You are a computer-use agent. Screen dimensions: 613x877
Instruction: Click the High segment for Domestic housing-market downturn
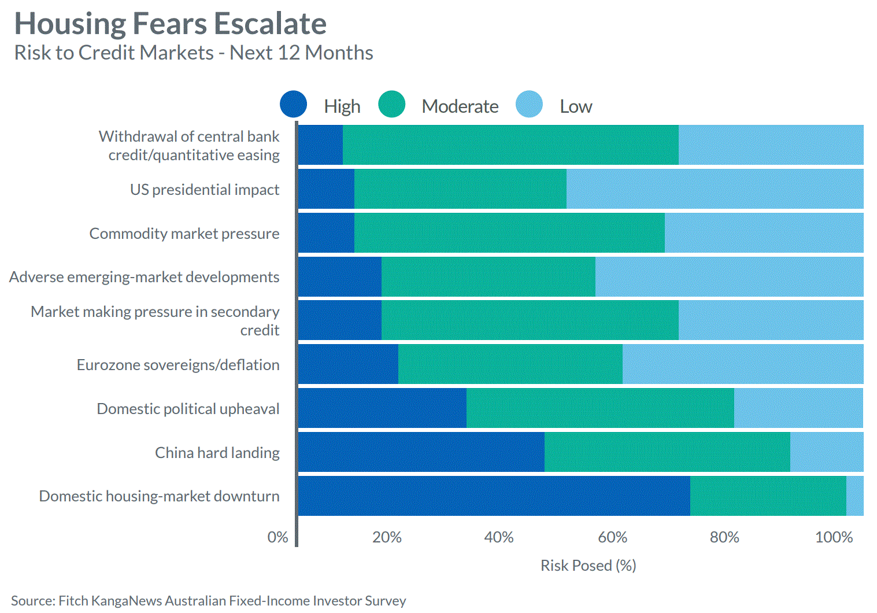[494, 496]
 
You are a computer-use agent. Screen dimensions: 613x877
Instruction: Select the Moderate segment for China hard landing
[667, 452]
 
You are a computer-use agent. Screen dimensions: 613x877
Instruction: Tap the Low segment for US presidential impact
[715, 189]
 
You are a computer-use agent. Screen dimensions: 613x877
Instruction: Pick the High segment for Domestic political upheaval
[382, 408]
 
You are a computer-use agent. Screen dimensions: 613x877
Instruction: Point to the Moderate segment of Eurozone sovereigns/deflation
[510, 364]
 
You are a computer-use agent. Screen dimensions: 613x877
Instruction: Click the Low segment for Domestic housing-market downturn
[854, 496]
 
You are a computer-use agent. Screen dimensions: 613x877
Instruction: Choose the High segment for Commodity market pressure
[326, 233]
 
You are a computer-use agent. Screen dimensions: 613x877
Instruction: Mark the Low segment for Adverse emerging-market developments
[729, 276]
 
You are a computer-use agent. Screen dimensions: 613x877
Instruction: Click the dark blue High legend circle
[293, 105]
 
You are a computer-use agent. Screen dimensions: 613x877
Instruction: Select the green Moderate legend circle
[392, 105]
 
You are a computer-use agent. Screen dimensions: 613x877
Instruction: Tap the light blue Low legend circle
[529, 105]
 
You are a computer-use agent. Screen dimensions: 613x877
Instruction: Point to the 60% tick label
[612, 537]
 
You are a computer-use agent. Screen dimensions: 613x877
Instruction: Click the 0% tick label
[277, 537]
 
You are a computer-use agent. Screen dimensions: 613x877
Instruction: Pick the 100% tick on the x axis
[834, 537]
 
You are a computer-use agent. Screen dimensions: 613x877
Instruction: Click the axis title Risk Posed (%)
[588, 566]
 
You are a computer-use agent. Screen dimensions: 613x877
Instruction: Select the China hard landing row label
[217, 452]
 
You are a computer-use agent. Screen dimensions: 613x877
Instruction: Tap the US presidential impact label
[205, 190]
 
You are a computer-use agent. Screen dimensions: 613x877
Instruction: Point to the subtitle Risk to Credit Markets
[114, 53]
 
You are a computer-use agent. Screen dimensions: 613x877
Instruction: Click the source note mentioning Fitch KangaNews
[208, 601]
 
